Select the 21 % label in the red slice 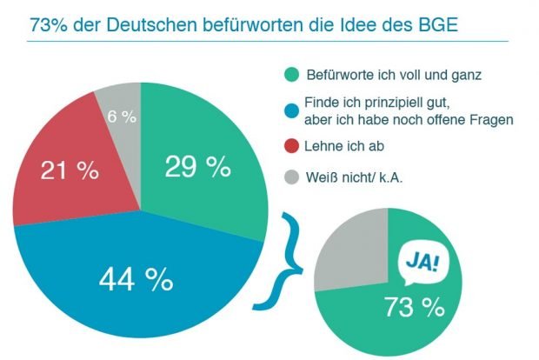[70, 170]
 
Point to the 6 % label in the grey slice [121, 118]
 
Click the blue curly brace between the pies [282, 261]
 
